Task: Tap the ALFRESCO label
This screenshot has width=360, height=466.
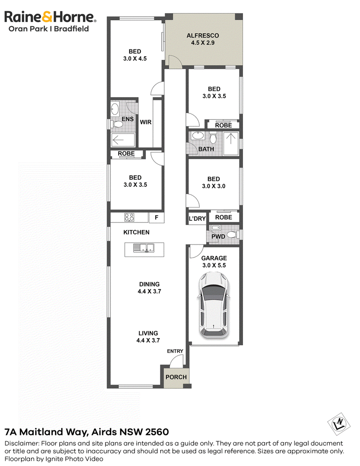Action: point(203,36)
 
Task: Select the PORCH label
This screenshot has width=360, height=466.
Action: point(176,377)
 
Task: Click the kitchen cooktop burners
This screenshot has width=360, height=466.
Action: point(129,217)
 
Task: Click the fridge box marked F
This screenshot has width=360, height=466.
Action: point(157,217)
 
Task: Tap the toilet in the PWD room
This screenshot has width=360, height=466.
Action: point(233,235)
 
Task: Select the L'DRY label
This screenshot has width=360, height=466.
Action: point(197,219)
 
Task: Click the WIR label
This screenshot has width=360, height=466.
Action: point(145,122)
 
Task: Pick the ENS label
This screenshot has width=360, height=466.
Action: point(128,119)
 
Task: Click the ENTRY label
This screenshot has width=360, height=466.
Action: point(175,351)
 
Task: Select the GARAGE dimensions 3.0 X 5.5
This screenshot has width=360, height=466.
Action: point(214,265)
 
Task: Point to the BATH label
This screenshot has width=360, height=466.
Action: point(206,149)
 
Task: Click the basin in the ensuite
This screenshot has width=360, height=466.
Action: point(115,109)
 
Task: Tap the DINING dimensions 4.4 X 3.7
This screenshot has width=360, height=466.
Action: point(149,292)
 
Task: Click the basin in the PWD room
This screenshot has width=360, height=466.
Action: point(216,228)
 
